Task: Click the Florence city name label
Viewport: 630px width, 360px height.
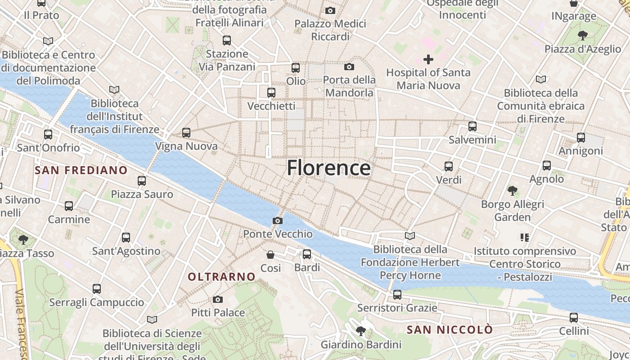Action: pos(328,168)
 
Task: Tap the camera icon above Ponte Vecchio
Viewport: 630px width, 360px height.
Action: pos(278,220)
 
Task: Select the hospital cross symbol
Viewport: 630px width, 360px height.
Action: pos(428,59)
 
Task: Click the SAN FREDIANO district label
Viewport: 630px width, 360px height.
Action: pos(81,170)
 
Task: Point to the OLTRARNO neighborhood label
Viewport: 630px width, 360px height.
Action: pos(221,277)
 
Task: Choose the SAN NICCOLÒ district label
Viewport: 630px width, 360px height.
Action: pos(450,330)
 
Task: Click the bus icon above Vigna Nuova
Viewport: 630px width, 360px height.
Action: pos(186,133)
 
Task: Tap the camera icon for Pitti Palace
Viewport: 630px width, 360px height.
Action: pos(218,299)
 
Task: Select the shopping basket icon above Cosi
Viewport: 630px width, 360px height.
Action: pos(270,255)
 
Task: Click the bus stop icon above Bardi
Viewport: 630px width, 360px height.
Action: pos(307,254)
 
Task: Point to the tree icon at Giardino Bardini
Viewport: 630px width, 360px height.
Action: pos(360,332)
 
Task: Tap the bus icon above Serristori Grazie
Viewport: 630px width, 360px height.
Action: pos(397,295)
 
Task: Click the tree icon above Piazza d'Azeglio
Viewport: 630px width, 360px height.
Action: pos(583,36)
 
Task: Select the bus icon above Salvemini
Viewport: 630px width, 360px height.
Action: pos(472,126)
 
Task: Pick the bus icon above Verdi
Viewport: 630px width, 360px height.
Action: pos(449,166)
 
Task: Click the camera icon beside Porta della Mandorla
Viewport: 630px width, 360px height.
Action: pos(349,67)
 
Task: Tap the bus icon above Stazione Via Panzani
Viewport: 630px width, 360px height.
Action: pos(227,40)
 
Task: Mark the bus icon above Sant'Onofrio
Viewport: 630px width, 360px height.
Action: pos(48,134)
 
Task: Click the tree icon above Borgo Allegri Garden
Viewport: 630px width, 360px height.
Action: pos(512,191)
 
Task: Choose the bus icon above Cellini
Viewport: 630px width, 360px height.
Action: pos(574,318)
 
